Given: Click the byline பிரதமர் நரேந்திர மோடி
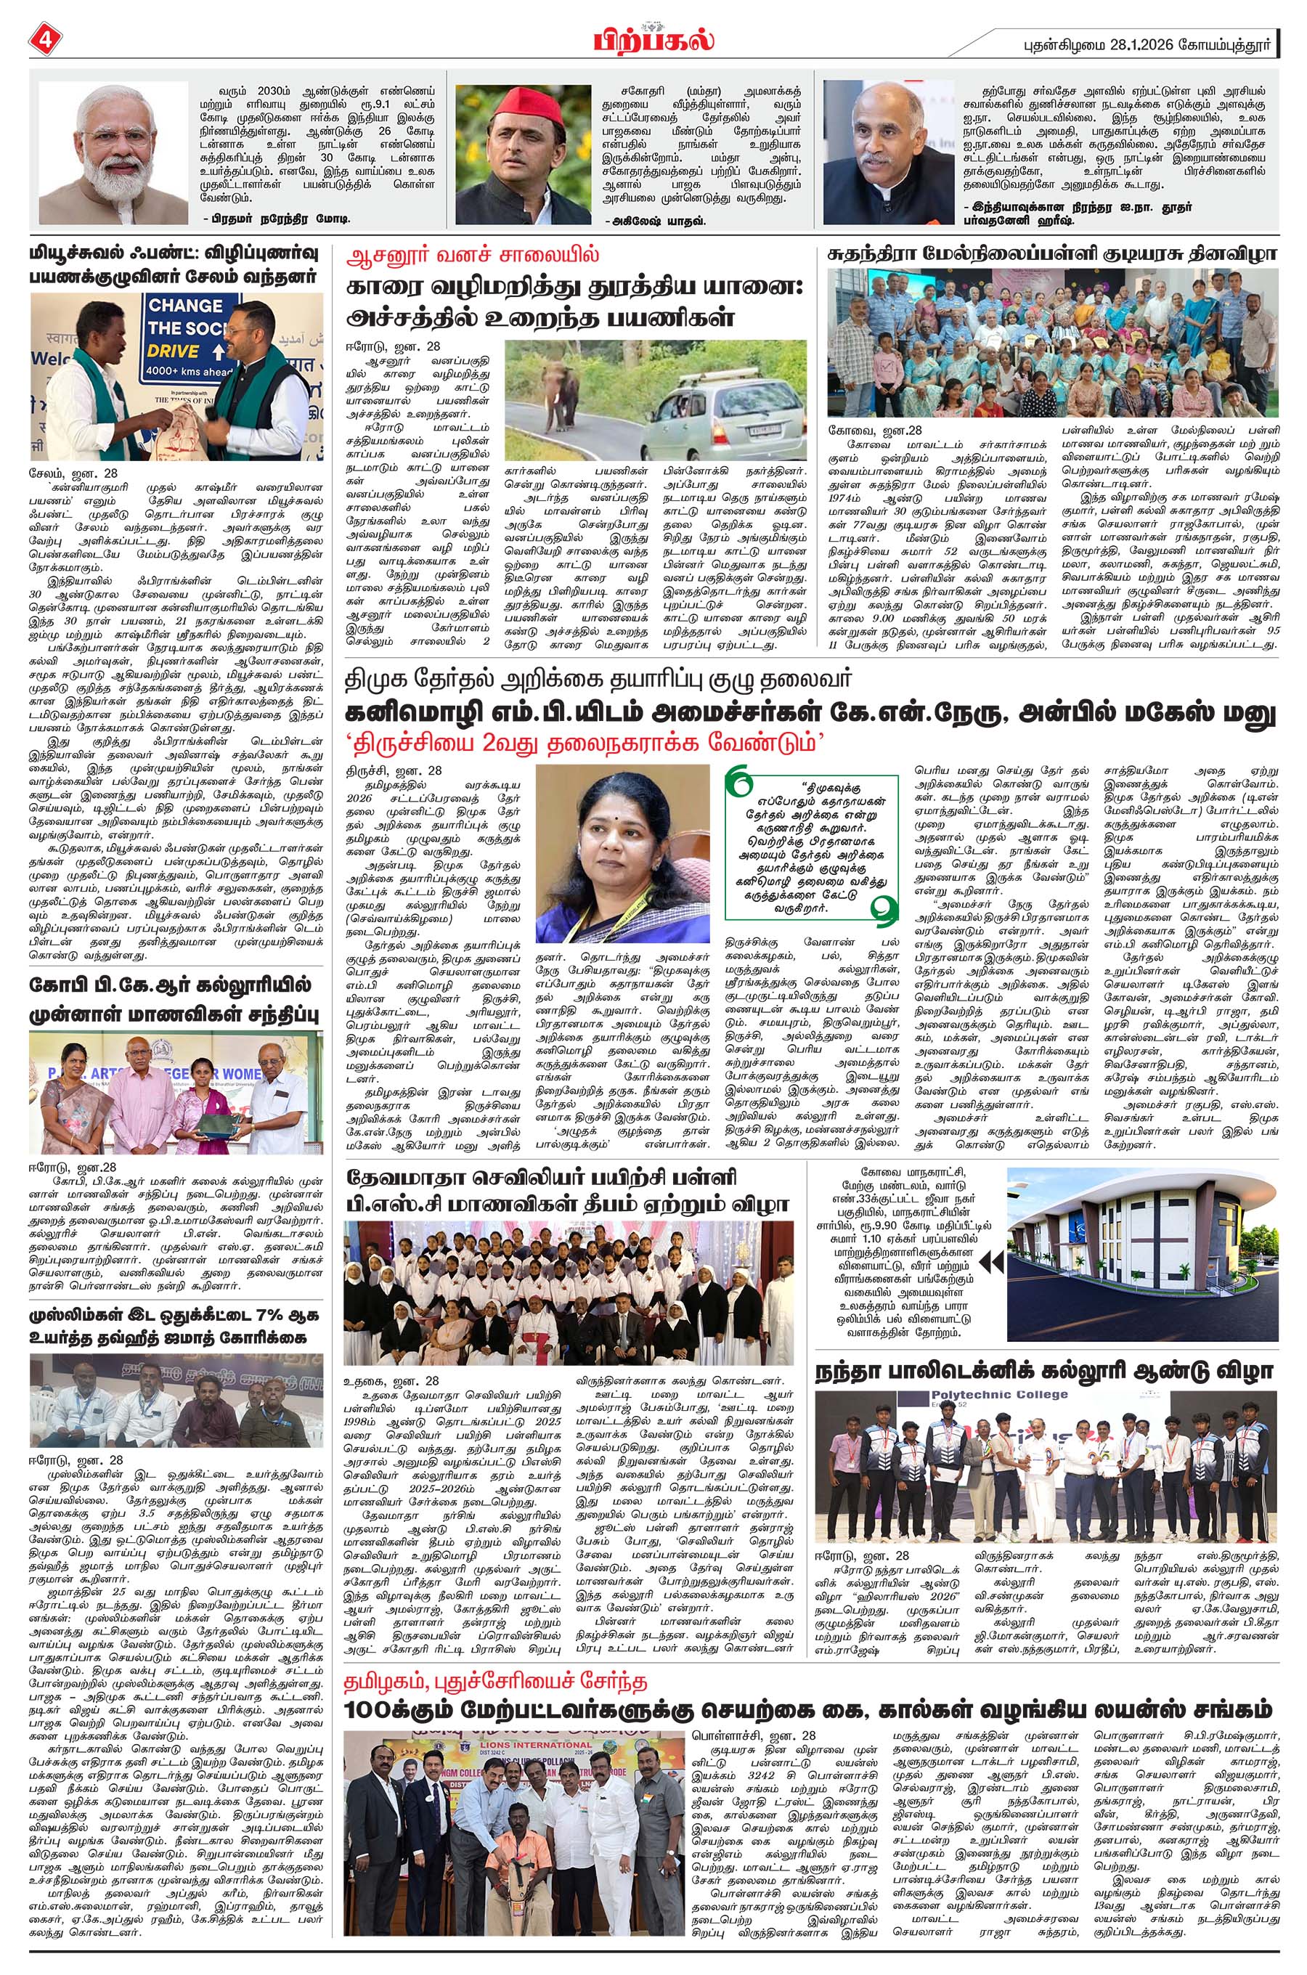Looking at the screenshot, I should (275, 219).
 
